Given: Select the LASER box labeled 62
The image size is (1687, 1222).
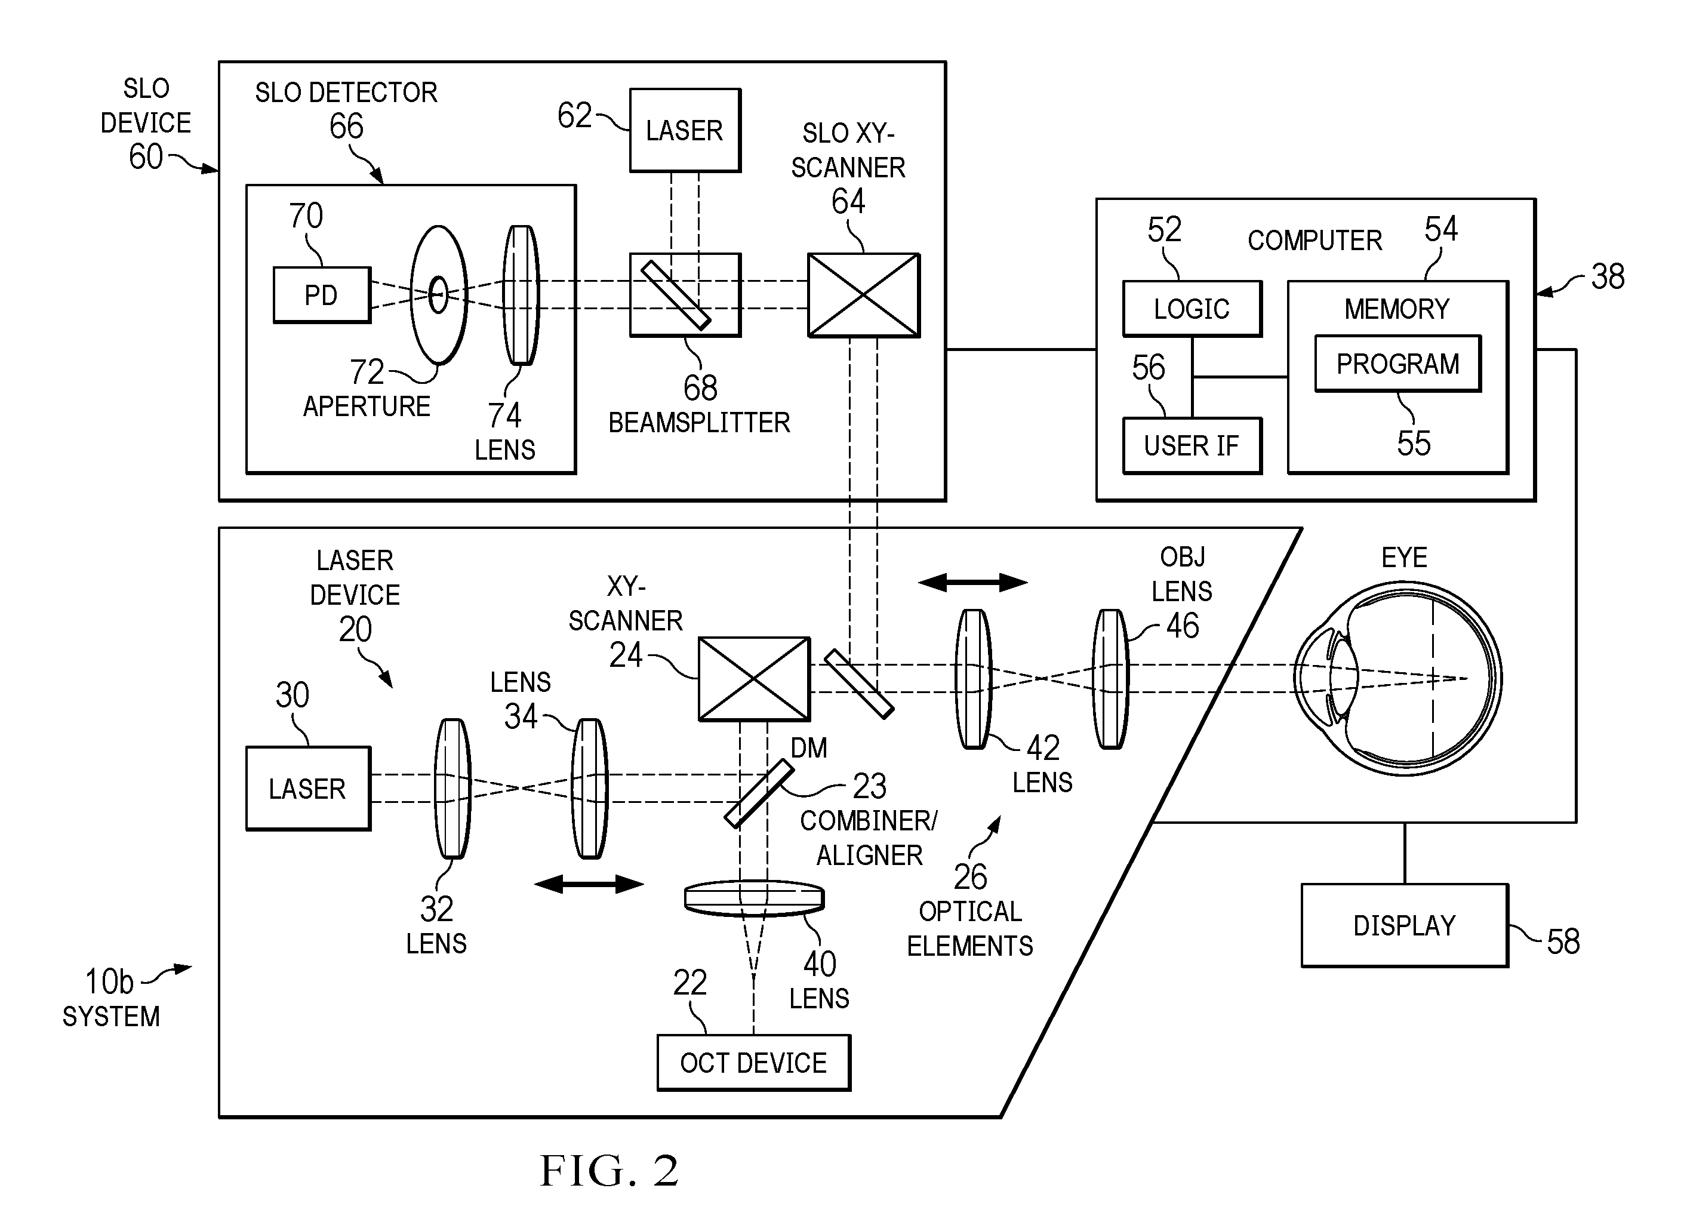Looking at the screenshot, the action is click(x=685, y=131).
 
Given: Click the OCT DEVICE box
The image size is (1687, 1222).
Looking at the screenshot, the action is click(x=753, y=1063).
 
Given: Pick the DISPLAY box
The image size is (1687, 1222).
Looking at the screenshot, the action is click(x=1405, y=925).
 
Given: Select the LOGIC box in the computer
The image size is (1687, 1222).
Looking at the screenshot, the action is click(x=1192, y=309).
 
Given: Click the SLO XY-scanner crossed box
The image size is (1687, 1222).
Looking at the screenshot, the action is click(x=864, y=296).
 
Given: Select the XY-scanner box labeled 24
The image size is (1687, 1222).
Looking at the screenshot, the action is click(x=754, y=679).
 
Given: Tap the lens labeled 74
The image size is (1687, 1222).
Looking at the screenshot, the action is click(x=521, y=296).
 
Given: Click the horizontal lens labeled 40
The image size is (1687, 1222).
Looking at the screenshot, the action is click(x=754, y=898).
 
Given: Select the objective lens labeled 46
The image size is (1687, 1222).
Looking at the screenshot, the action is click(x=1110, y=679).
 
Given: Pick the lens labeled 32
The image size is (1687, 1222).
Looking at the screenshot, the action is click(x=452, y=789).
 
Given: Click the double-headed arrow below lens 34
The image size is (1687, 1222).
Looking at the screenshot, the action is click(x=589, y=884).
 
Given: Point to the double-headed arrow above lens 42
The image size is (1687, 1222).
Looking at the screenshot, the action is click(x=973, y=583).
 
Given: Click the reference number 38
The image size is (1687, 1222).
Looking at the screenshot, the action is click(x=1608, y=276).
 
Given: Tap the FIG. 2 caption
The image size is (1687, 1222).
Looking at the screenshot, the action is click(x=609, y=1171).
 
